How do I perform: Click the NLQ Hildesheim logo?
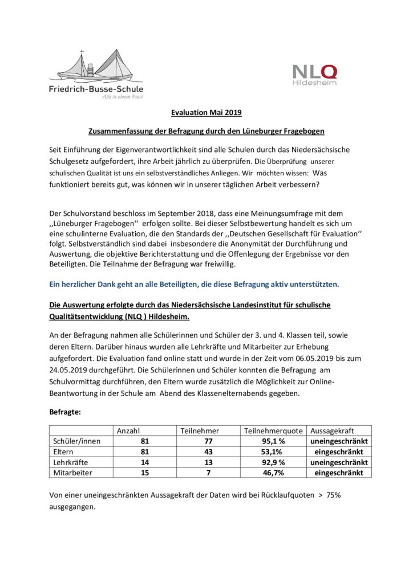point(315,75)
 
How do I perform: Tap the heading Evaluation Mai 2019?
point(206,113)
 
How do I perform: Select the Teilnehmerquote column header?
point(274,431)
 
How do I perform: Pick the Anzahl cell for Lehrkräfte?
point(145,462)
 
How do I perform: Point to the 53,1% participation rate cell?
point(273,452)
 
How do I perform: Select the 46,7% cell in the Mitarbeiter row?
point(273,473)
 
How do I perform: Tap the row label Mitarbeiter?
point(72,473)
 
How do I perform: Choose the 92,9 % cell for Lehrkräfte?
point(273,462)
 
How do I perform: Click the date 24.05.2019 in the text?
point(72,368)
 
